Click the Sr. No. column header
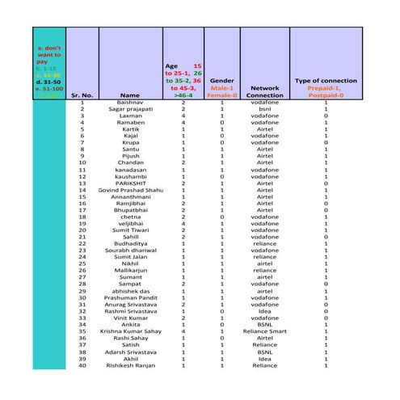82,95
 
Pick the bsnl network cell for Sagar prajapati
265,110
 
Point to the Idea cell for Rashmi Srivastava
265,309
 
